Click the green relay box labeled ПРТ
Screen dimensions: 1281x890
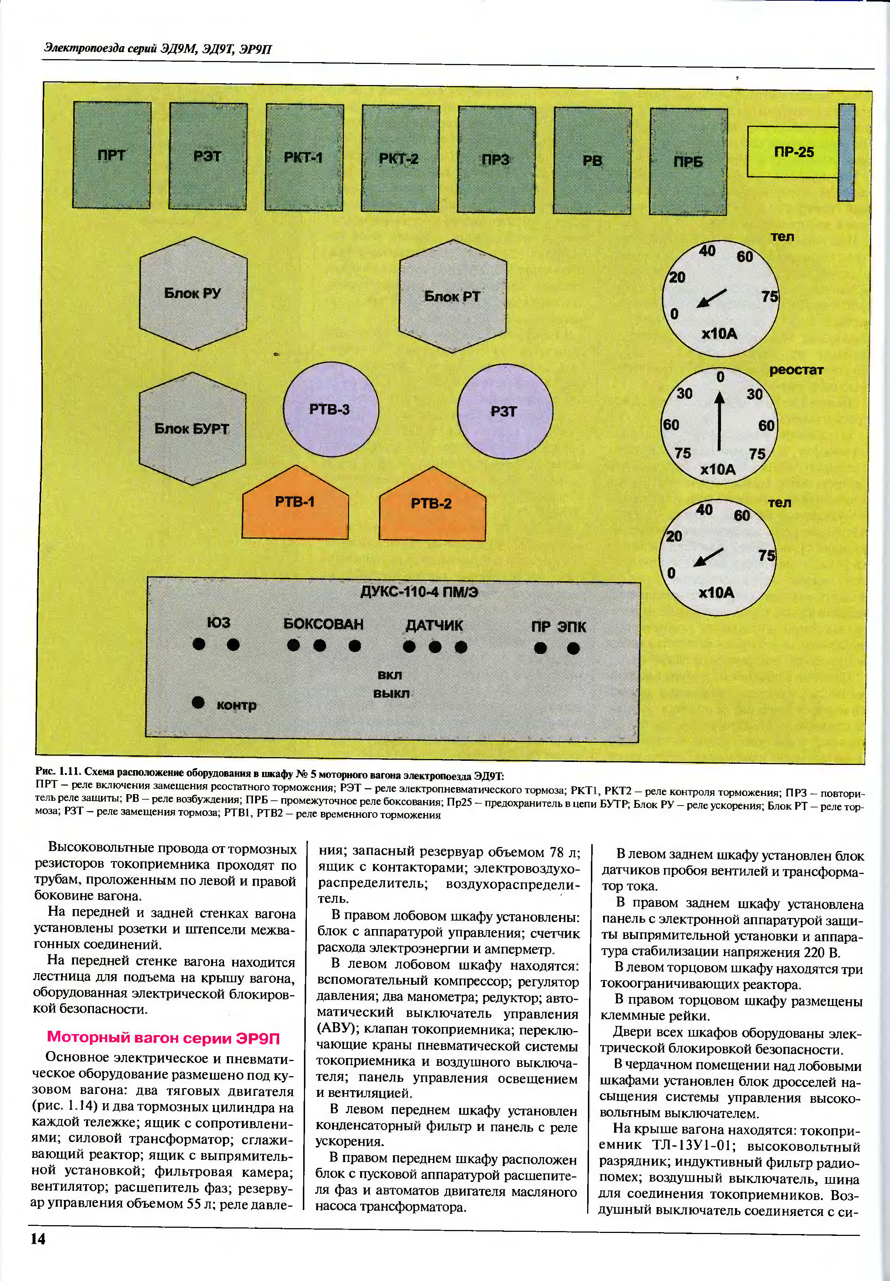pos(112,155)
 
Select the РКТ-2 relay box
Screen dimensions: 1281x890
pos(400,158)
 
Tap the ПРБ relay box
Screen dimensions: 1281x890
pos(688,162)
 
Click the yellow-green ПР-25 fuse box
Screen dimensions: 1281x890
pos(793,152)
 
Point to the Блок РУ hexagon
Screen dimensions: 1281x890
pos(193,293)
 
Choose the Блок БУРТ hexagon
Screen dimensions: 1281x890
pos(192,429)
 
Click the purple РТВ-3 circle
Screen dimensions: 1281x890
pos(330,410)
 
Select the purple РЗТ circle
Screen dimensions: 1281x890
pos(505,411)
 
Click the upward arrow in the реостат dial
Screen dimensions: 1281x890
pos(720,421)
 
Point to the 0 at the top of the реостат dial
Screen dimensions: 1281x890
pos(721,377)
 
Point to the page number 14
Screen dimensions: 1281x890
pos(38,1238)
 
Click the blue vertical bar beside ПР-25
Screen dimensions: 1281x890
pos(846,152)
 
